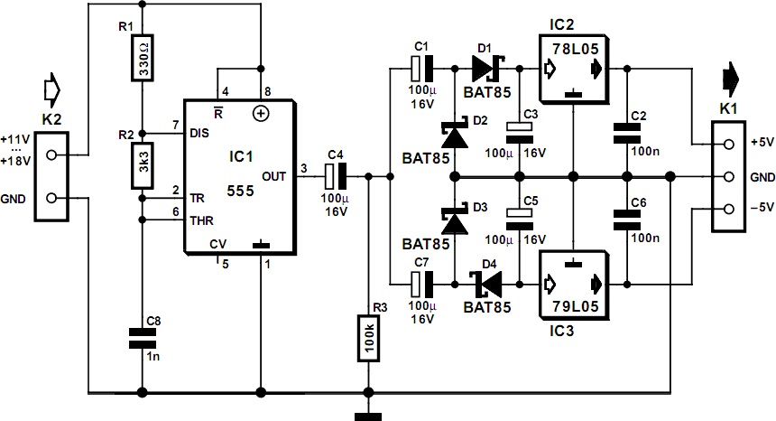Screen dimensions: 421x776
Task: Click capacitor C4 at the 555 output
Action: click(x=336, y=176)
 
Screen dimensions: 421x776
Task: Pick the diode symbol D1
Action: click(x=485, y=66)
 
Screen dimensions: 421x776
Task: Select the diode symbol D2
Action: click(x=452, y=136)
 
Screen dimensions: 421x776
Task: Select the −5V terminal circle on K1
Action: click(x=726, y=210)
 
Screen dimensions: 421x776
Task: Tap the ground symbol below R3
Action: click(x=367, y=416)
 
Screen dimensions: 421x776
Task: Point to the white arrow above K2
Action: click(x=52, y=89)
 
